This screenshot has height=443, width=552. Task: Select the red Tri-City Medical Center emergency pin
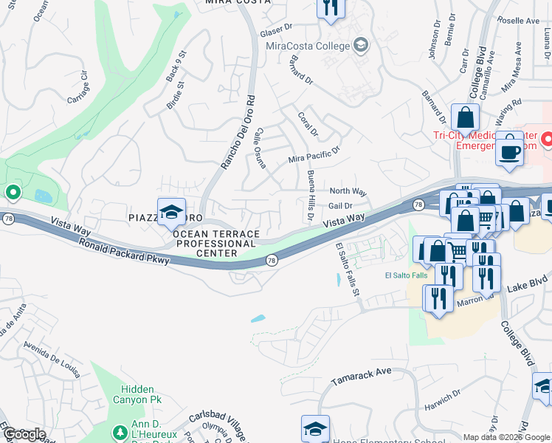pos(547,138)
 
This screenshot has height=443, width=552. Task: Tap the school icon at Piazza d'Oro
pos(171,213)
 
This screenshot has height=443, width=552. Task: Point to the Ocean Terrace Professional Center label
pos(215,243)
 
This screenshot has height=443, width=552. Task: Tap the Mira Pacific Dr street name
pos(314,154)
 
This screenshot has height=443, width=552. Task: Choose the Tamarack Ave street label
pos(361,377)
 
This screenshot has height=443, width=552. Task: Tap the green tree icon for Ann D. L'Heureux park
pos(119,431)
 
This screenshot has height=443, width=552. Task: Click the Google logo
pos(25,434)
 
